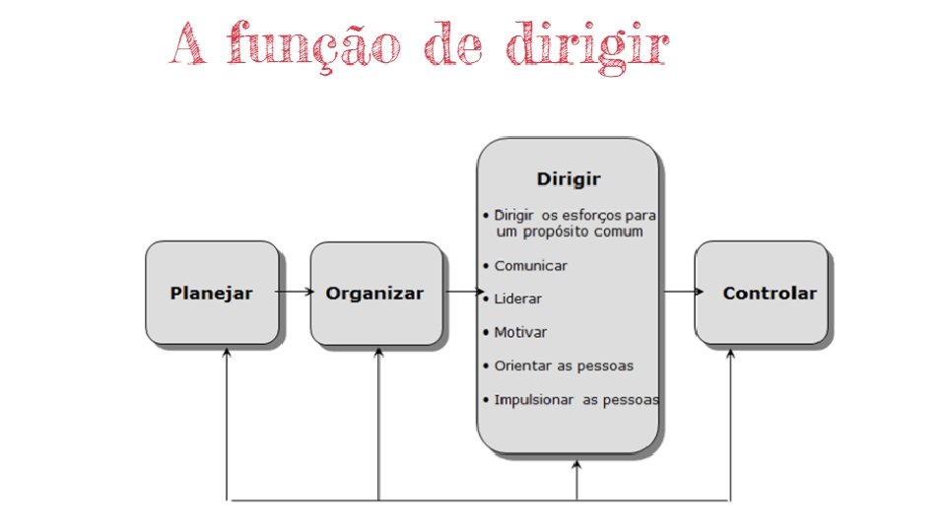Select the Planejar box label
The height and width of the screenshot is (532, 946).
tap(212, 294)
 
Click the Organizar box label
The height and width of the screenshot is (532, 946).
tap(375, 294)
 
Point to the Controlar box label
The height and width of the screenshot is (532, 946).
tap(770, 294)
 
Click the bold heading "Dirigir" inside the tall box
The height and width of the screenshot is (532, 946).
tap(569, 179)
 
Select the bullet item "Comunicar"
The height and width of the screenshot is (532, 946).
tap(530, 266)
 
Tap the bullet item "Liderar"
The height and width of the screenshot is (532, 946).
tap(517, 299)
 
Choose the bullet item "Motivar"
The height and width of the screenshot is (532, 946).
tap(520, 332)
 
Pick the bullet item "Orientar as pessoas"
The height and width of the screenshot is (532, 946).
tap(564, 366)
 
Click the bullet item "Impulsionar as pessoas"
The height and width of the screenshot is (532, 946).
tap(576, 400)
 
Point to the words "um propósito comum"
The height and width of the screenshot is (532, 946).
tap(569, 233)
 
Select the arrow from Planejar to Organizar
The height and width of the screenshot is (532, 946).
tap(295, 292)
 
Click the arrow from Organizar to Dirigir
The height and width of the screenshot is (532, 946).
tap(463, 292)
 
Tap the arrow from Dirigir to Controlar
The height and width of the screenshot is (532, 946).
tap(682, 292)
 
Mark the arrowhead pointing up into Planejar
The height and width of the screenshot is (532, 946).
tap(227, 352)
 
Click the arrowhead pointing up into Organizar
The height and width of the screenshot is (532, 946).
tap(378, 352)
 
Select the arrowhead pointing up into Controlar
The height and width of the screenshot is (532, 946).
tap(730, 352)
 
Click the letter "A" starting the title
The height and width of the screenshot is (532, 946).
tap(187, 45)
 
